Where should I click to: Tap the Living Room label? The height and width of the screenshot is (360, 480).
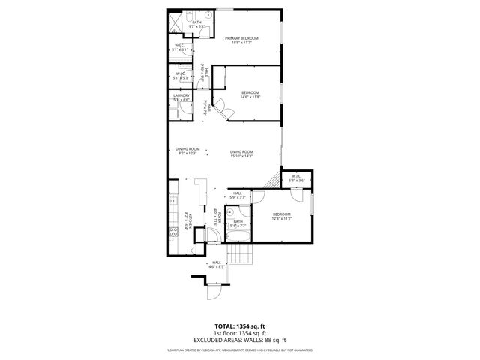[x=241, y=152]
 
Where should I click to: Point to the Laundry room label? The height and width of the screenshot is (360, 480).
[x=181, y=96]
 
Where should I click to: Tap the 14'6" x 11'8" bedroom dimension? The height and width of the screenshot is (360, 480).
[x=250, y=97]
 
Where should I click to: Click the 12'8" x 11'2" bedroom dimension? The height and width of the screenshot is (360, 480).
[x=281, y=218]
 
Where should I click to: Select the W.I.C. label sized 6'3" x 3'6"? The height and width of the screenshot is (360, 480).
[x=297, y=177]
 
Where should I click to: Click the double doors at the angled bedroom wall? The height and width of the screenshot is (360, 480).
[x=223, y=112]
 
